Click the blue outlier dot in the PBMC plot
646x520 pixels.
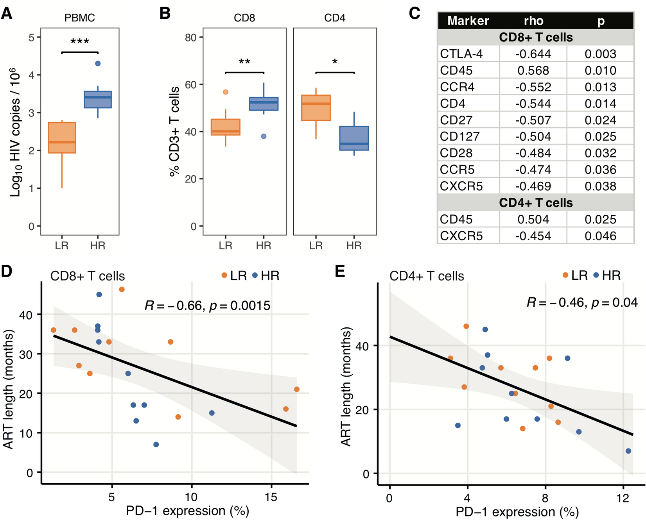[98, 63]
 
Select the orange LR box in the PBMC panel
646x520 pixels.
[62, 138]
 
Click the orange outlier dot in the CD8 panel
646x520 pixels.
[226, 92]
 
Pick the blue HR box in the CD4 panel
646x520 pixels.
[354, 138]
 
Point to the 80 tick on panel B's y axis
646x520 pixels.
[190, 38]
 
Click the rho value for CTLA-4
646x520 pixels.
[533, 54]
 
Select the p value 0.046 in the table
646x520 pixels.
[600, 236]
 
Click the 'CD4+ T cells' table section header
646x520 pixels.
[536, 203]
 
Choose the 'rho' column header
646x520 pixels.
[533, 21]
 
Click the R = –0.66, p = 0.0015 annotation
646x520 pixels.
[207, 306]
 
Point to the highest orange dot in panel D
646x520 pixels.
[122, 289]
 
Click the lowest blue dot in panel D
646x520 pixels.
[156, 445]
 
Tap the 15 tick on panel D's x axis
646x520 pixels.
[271, 497]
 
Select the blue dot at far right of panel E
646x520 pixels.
[628, 451]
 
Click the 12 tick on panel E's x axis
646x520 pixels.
[623, 498]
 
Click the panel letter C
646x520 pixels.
[415, 14]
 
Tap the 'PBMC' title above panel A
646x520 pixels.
[80, 18]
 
